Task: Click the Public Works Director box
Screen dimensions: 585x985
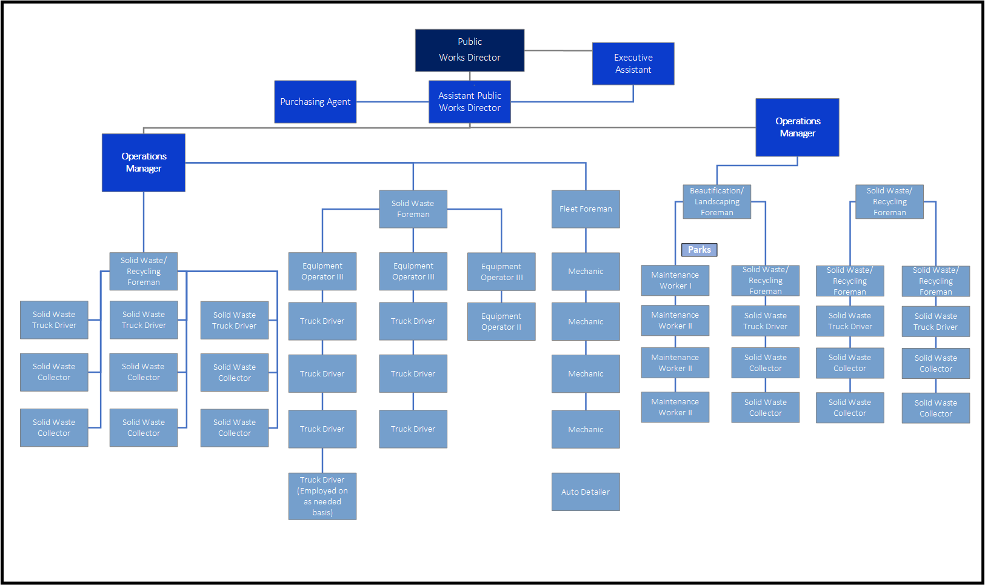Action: pyautogui.click(x=470, y=50)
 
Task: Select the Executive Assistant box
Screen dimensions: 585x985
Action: pyautogui.click(x=633, y=64)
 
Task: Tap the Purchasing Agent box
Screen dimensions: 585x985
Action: pyautogui.click(x=315, y=102)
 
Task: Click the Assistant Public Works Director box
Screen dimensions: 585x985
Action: pyautogui.click(x=470, y=102)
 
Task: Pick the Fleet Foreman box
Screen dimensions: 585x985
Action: pyautogui.click(x=586, y=209)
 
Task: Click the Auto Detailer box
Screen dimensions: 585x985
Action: pyautogui.click(x=586, y=492)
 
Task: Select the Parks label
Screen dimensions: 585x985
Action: pyautogui.click(x=699, y=250)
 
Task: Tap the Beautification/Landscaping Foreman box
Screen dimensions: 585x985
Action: pyautogui.click(x=716, y=202)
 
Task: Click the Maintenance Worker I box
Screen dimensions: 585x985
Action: pyautogui.click(x=675, y=280)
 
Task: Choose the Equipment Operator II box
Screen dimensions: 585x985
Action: pyautogui.click(x=501, y=321)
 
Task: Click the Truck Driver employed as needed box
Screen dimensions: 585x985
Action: pyautogui.click(x=322, y=496)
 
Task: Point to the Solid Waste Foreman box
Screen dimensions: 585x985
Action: pyautogui.click(x=413, y=209)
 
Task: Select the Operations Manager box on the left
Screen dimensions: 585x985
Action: pyautogui.click(x=144, y=162)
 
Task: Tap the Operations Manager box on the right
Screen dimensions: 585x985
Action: pyautogui.click(x=797, y=127)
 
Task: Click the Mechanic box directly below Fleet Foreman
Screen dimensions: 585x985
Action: pyautogui.click(x=586, y=272)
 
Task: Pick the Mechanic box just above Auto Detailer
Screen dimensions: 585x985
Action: pyautogui.click(x=586, y=429)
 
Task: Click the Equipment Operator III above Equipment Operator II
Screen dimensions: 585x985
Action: pyautogui.click(x=501, y=272)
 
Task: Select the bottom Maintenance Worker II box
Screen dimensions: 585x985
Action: pyautogui.click(x=675, y=407)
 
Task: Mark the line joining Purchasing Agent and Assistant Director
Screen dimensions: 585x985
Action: pyautogui.click(x=392, y=102)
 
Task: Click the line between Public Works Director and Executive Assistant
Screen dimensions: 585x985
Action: pyautogui.click(x=558, y=50)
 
